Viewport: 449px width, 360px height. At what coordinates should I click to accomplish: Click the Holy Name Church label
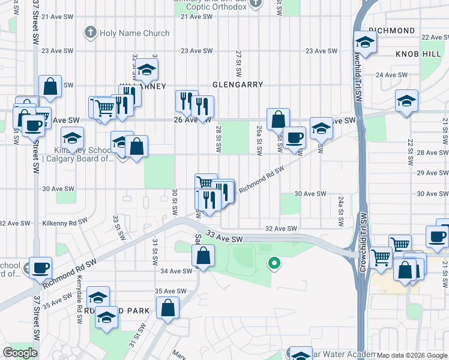134,33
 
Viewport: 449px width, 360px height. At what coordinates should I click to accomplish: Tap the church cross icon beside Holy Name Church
91,32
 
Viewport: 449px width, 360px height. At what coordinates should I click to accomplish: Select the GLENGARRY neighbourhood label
238,85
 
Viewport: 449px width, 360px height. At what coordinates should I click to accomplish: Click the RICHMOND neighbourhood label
392,31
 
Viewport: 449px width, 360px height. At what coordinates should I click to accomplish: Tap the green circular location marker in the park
274,263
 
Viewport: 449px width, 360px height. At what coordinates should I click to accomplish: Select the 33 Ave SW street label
224,239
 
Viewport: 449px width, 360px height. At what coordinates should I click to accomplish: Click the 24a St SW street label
340,211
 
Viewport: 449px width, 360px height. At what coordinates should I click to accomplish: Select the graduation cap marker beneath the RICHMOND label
364,43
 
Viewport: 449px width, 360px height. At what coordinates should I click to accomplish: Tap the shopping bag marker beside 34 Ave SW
203,256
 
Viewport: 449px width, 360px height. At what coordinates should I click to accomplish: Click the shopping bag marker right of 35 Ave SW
168,308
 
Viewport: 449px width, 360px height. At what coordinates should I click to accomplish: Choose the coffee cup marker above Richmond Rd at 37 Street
40,268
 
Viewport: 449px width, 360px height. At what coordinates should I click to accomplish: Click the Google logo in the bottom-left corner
20,353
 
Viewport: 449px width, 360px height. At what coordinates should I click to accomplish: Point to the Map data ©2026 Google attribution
412,355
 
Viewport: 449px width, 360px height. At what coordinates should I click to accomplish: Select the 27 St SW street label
238,63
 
